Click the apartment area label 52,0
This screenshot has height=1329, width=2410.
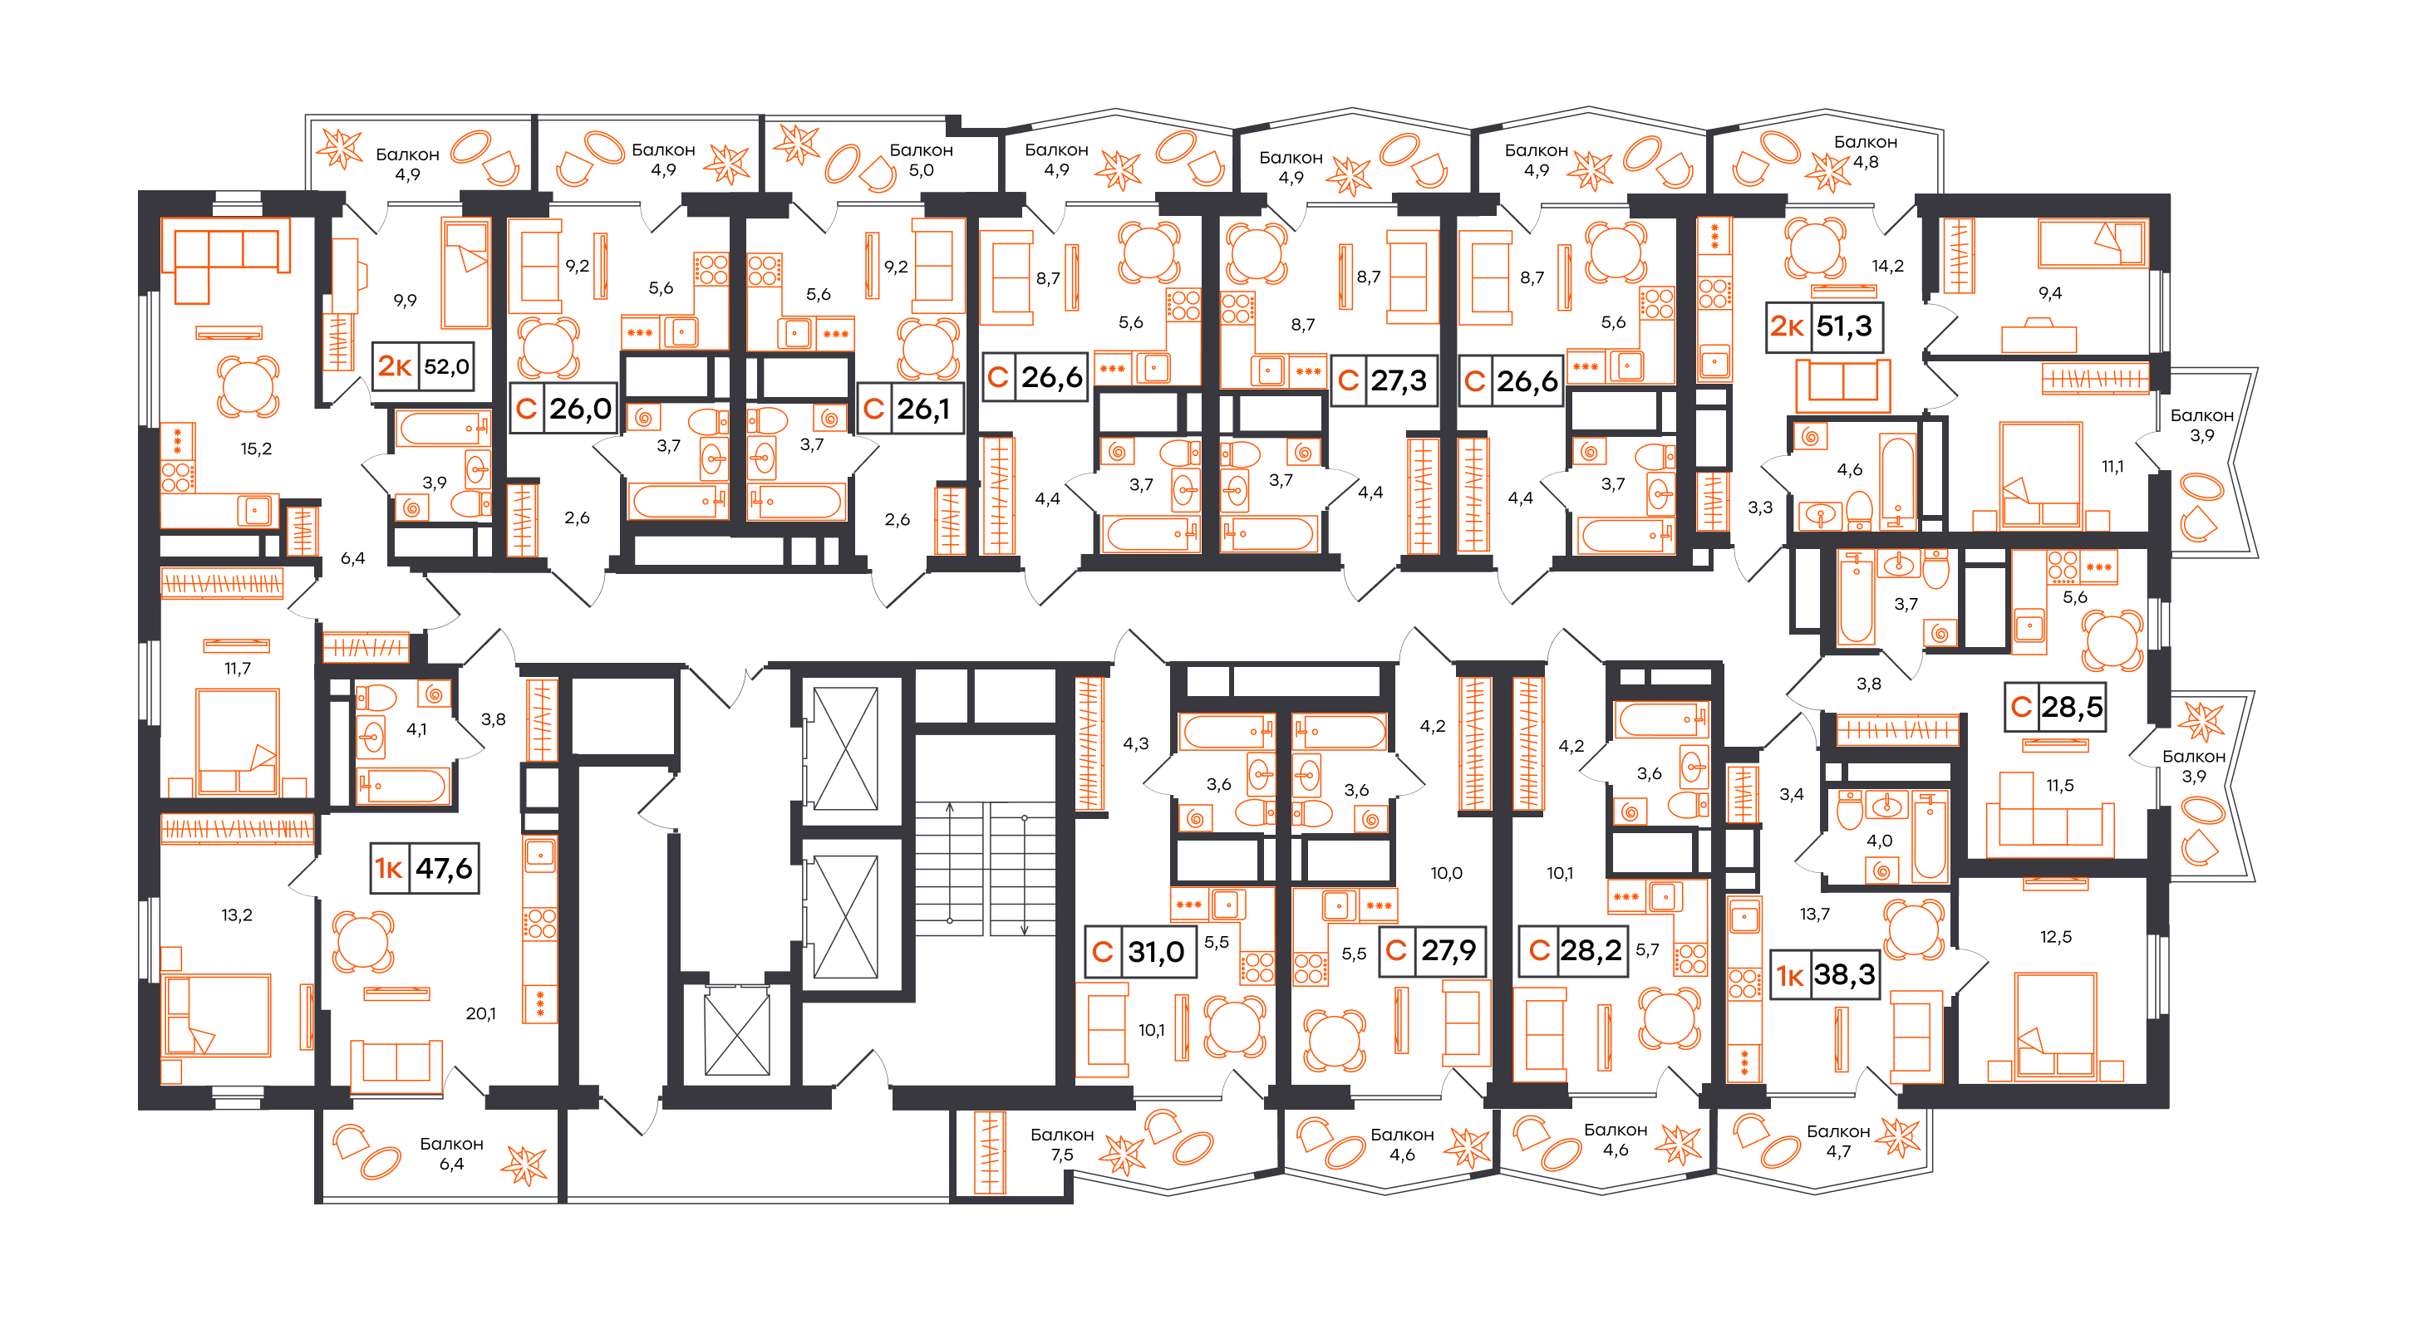point(446,366)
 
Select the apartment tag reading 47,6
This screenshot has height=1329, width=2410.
point(425,868)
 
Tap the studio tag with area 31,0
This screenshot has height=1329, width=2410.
point(1140,951)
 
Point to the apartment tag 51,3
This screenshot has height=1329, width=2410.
point(1824,326)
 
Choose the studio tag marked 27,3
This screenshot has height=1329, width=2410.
point(1383,380)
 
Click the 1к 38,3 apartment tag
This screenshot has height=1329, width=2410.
point(1825,974)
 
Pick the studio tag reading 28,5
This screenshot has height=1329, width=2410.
point(2055,706)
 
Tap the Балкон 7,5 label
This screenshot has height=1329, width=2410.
point(1062,1144)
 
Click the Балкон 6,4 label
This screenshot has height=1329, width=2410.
point(451,1153)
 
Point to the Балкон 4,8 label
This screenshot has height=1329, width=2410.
point(1865,151)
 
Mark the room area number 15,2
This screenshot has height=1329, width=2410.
point(255,449)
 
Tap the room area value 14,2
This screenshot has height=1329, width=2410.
point(1887,266)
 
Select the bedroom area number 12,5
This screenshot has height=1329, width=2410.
point(2055,936)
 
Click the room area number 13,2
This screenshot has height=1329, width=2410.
point(237,915)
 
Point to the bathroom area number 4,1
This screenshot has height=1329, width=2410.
point(416,729)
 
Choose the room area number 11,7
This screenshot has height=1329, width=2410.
point(237,669)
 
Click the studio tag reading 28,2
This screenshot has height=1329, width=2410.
point(1571,950)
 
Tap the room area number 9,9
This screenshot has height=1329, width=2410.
point(405,300)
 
